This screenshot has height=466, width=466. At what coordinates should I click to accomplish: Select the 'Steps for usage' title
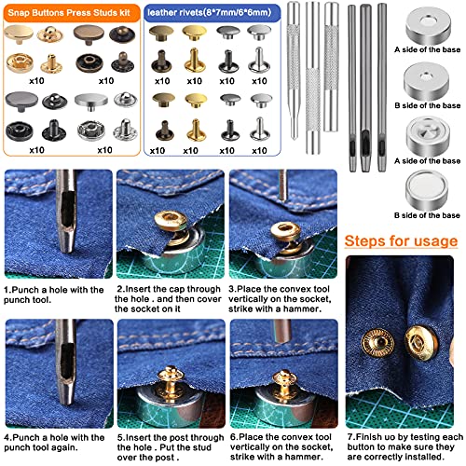(404, 242)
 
